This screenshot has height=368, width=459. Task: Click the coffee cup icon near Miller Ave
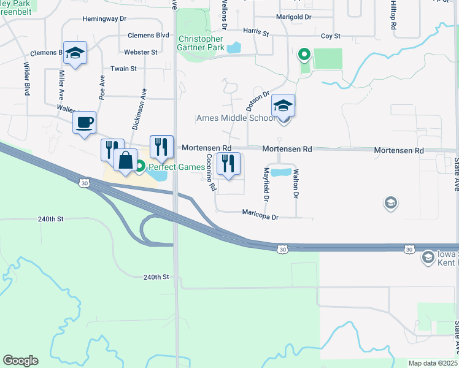pyautogui.click(x=84, y=121)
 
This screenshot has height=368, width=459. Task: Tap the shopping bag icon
pyautogui.click(x=125, y=160)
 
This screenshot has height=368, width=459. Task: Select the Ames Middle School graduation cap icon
pyautogui.click(x=283, y=105)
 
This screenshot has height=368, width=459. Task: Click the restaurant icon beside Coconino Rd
pyautogui.click(x=228, y=164)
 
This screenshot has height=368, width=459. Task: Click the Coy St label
pyautogui.click(x=330, y=37)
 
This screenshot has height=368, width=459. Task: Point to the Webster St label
pyautogui.click(x=141, y=52)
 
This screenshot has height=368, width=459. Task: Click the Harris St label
pyautogui.click(x=256, y=31)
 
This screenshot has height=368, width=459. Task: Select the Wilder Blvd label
pyautogui.click(x=27, y=79)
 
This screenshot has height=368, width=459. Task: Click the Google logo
pyautogui.click(x=20, y=361)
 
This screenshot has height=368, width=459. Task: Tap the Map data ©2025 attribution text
pyautogui.click(x=432, y=363)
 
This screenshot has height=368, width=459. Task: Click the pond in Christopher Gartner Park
pyautogui.click(x=234, y=47)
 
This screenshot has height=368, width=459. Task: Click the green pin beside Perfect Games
pyautogui.click(x=140, y=166)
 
